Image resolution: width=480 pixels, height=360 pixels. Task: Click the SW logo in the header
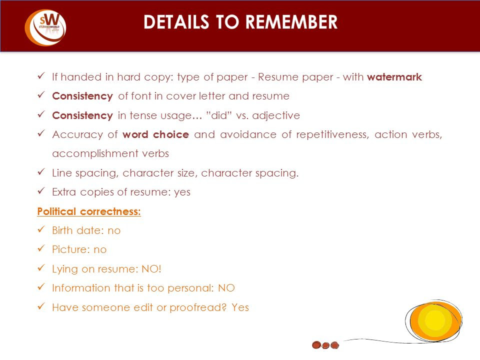point(45,27)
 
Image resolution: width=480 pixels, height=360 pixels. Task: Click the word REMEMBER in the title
point(291,22)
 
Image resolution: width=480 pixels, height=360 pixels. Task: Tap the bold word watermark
point(394,77)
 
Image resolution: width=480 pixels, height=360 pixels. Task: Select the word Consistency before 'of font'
point(82,96)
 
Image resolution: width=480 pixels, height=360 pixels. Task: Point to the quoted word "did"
point(219,115)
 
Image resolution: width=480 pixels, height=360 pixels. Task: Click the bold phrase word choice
point(155,134)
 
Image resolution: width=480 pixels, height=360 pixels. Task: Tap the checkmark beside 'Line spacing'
point(41,171)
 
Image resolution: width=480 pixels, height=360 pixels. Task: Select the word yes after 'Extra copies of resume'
point(182,192)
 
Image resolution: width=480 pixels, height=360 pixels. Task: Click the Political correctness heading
point(89,211)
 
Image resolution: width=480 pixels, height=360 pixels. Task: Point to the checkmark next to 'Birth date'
point(41,229)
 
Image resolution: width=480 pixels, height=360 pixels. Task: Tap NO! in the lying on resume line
point(151,269)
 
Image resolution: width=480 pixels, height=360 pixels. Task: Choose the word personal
point(190,288)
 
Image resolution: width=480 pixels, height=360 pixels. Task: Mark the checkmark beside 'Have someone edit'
point(41,306)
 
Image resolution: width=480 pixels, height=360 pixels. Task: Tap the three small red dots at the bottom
point(325,345)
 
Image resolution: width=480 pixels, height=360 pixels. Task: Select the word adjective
point(276,115)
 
